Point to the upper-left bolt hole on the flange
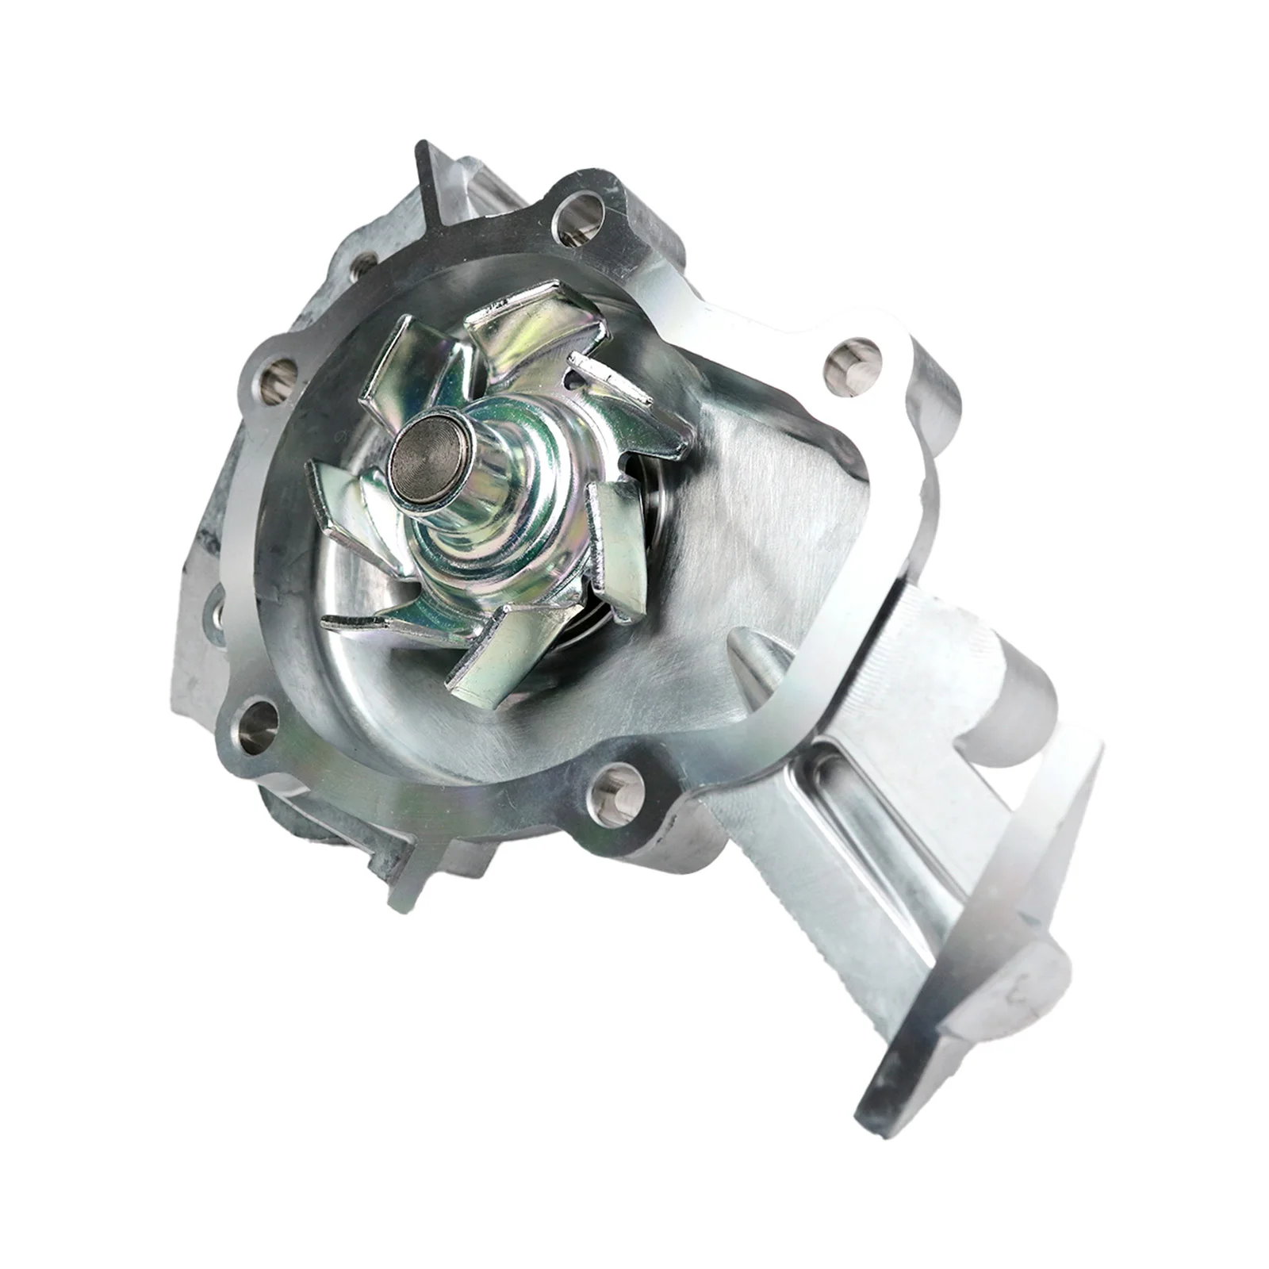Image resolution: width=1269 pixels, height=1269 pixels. click(278, 374)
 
